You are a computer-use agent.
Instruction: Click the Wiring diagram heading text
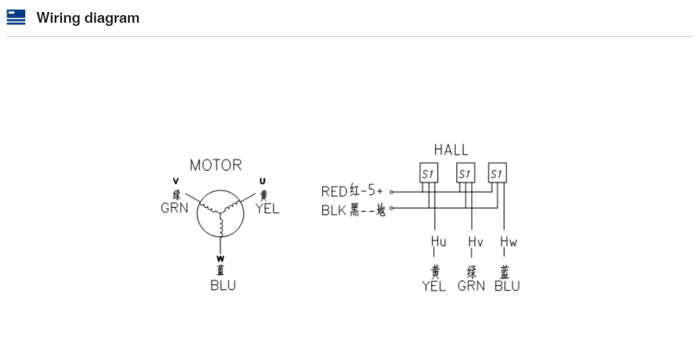(88, 18)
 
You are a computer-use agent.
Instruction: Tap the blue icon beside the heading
(16, 17)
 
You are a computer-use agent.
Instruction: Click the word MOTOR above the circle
(216, 165)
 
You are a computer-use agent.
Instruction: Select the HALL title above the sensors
(451, 150)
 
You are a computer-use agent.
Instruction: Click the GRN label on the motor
(174, 208)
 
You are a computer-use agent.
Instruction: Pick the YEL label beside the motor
(267, 209)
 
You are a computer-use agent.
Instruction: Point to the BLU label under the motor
(223, 285)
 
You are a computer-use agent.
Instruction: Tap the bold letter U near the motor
(263, 181)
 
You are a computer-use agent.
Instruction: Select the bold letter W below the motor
(220, 259)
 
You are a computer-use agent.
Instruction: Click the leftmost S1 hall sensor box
(429, 173)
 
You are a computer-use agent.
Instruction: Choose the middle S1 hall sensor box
(465, 173)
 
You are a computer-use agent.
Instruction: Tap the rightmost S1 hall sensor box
(498, 173)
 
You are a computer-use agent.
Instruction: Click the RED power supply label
(333, 191)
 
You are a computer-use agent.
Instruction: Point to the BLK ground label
(334, 210)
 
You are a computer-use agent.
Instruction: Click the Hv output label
(475, 241)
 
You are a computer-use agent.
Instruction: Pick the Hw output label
(508, 241)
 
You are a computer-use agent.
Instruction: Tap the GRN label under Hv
(471, 286)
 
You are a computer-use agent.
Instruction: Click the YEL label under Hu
(434, 286)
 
